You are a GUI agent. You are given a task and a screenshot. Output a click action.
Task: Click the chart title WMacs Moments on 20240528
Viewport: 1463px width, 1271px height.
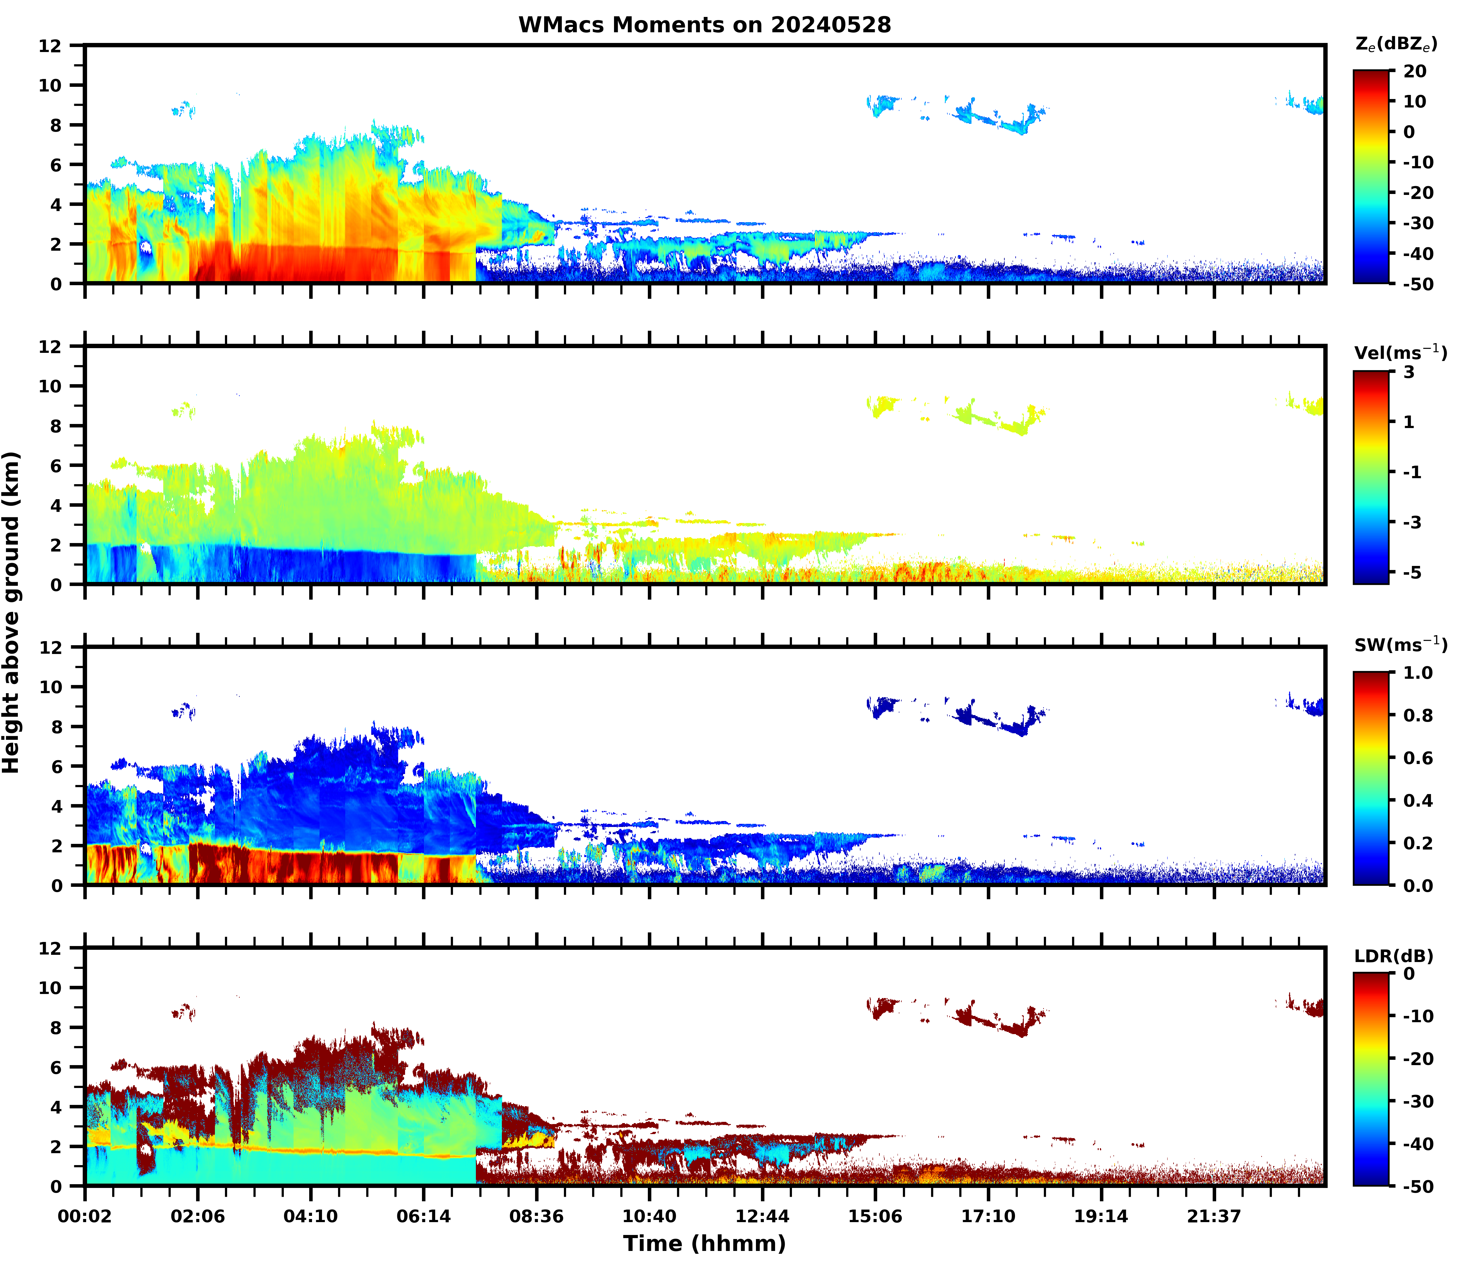click(x=704, y=25)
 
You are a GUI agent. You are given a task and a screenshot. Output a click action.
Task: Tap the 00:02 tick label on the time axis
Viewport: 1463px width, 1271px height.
click(x=85, y=1216)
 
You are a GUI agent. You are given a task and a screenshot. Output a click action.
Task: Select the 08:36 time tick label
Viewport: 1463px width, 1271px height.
click(x=536, y=1216)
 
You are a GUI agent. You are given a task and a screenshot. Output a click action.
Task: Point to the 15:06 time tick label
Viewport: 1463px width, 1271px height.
click(x=875, y=1216)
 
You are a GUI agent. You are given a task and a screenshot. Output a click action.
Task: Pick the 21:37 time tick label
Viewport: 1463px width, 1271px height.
click(x=1214, y=1216)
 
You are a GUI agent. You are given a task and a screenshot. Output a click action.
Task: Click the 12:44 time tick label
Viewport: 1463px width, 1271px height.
click(x=762, y=1216)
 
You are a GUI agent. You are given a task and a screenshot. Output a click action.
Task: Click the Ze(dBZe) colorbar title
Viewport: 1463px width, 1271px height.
click(x=1396, y=44)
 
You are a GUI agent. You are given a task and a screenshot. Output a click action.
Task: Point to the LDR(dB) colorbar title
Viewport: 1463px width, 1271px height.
click(x=1393, y=956)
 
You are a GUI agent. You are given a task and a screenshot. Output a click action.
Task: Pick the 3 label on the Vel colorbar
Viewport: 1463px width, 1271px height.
click(x=1408, y=372)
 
